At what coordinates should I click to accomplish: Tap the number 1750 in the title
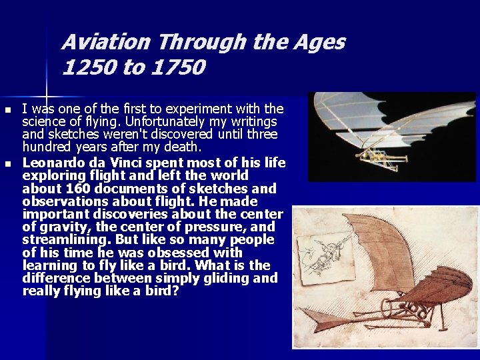pos(179,67)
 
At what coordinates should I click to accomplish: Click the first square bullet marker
pos(7,109)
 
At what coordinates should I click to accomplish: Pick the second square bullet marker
pos(7,163)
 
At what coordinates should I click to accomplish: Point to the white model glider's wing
pos(373,120)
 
